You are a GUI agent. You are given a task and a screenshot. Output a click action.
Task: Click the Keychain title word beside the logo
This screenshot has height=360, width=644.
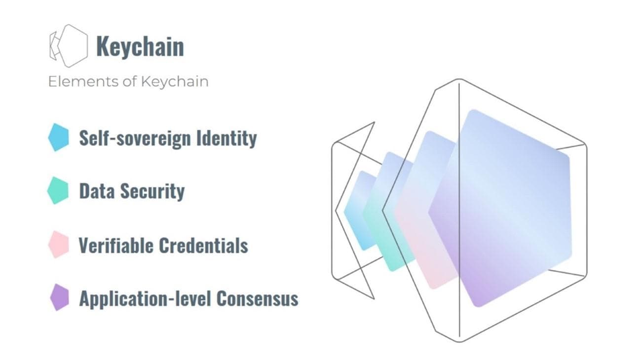click(x=140, y=46)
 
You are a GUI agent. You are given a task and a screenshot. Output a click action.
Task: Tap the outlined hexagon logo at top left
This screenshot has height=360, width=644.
click(x=69, y=46)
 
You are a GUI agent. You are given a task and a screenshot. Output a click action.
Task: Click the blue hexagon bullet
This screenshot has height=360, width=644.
click(x=58, y=137)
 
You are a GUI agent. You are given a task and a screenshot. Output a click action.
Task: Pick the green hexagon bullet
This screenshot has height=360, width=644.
click(x=58, y=190)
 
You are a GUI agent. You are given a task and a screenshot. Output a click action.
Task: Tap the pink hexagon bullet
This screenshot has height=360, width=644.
click(x=59, y=245)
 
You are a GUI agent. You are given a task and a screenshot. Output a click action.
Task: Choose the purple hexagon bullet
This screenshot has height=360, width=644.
click(x=60, y=297)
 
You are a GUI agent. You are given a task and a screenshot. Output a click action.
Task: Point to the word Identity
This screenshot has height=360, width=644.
click(x=227, y=139)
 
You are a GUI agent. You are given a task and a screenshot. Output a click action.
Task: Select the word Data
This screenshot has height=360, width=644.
click(x=97, y=191)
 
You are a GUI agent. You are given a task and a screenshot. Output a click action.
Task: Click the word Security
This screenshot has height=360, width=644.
click(x=152, y=192)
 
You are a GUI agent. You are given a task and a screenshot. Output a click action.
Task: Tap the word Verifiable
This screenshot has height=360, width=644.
click(x=116, y=246)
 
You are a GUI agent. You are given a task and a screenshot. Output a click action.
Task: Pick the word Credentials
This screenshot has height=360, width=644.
click(x=203, y=246)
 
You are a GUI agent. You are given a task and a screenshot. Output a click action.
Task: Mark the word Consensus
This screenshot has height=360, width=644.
click(x=257, y=298)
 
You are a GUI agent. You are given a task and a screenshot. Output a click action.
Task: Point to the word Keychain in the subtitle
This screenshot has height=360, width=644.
click(x=175, y=82)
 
